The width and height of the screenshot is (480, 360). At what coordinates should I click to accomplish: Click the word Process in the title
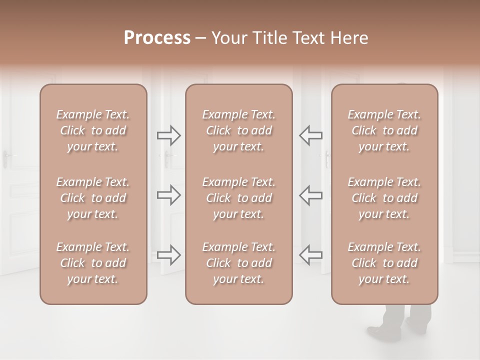[157, 38]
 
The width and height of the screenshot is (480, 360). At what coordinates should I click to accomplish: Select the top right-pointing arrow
[168, 135]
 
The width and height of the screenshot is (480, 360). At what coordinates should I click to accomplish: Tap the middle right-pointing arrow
[168, 195]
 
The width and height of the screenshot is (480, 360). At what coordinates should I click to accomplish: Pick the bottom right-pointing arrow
[168, 255]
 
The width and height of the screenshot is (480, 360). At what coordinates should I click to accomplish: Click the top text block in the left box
[93, 130]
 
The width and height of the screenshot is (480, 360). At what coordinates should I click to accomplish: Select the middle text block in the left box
[93, 198]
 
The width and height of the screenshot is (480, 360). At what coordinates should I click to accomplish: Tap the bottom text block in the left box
[93, 263]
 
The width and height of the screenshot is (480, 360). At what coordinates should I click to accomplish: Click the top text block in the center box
[238, 130]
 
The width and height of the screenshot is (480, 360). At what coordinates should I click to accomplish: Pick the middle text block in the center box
[238, 198]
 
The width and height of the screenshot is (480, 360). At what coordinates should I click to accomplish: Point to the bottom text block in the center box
[238, 263]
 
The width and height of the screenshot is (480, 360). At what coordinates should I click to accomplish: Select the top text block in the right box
[384, 130]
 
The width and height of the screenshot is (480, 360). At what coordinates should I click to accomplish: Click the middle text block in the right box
[384, 198]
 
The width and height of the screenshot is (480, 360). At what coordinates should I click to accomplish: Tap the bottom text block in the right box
[384, 263]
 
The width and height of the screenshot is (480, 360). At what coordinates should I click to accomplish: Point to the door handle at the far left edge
[6, 159]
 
